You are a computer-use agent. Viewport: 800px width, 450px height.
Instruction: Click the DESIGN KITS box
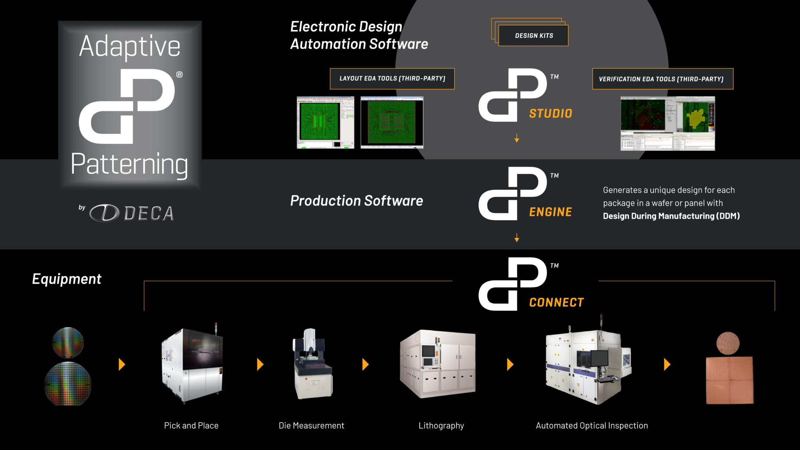533,36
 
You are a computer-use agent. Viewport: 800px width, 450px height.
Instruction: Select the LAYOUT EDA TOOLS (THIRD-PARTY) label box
392,79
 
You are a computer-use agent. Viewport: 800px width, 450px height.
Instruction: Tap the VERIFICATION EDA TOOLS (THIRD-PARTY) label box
662,79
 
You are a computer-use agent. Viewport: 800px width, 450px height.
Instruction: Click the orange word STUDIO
550,114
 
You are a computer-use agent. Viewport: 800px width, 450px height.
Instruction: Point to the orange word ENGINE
550,212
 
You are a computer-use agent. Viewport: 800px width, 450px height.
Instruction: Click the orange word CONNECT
556,302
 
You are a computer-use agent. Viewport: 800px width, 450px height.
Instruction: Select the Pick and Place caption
191,425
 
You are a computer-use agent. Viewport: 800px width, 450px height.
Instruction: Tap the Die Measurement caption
311,425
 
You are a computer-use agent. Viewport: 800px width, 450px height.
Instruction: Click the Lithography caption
441,425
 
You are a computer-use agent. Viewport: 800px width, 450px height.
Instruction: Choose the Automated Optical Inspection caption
591,425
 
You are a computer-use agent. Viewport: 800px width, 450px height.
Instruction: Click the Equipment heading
66,279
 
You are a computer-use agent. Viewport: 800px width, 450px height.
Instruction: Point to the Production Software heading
356,201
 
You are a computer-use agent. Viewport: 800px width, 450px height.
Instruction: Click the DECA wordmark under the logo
148,213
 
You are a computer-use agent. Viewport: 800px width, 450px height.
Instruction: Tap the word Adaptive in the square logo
130,46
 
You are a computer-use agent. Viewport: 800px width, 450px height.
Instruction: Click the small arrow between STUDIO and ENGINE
516,138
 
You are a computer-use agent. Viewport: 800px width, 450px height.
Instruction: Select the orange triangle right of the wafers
121,364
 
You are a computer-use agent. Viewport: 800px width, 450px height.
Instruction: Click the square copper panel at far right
729,380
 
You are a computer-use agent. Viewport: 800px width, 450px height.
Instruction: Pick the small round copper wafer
728,343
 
